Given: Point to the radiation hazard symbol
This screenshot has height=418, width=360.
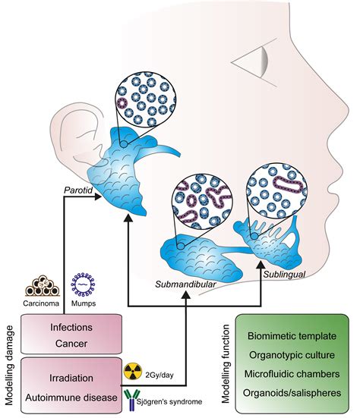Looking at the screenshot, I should coord(132,373).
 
